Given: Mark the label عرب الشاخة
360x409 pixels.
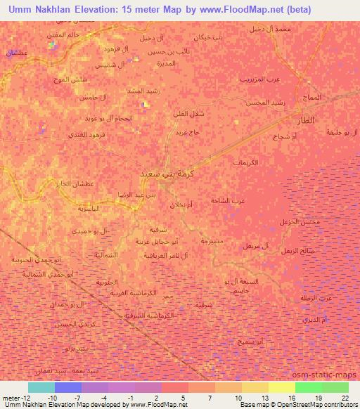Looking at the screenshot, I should pyautogui.click(x=228, y=200).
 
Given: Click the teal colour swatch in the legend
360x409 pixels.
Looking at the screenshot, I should pyautogui.click(x=41, y=387).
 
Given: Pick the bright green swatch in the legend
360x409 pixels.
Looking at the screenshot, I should pyautogui.click(x=308, y=387).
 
